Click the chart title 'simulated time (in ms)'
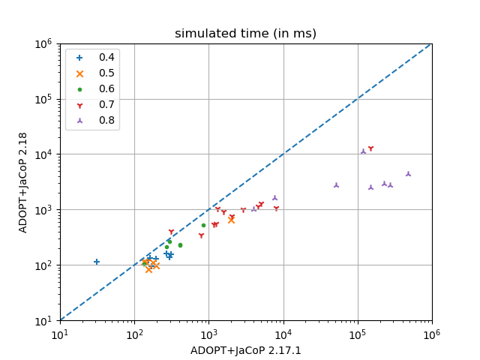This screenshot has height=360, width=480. click(x=245, y=34)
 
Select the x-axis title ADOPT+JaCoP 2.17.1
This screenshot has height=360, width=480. click(x=245, y=349)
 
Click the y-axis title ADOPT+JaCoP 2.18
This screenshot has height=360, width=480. click(x=23, y=182)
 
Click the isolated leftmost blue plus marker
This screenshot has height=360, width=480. click(x=97, y=262)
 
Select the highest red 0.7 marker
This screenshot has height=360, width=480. click(x=370, y=148)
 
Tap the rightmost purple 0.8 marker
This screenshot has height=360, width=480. click(x=409, y=173)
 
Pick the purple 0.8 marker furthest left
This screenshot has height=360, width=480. click(x=253, y=208)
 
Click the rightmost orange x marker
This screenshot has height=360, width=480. click(x=231, y=220)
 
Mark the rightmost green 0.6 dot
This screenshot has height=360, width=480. click(x=203, y=225)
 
